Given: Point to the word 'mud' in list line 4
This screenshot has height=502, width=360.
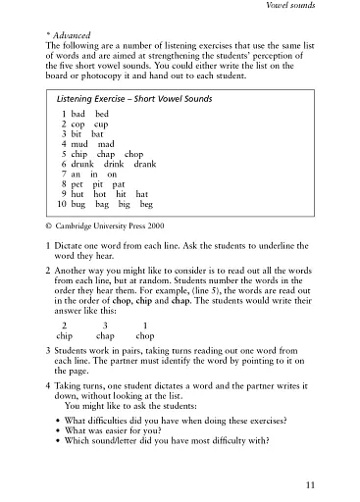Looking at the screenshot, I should tap(80, 144).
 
